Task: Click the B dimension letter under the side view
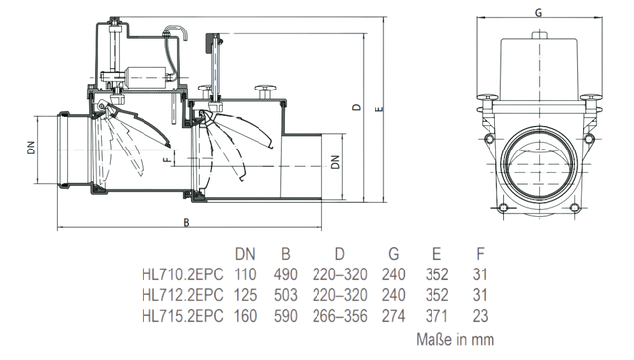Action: [x=185, y=222]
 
